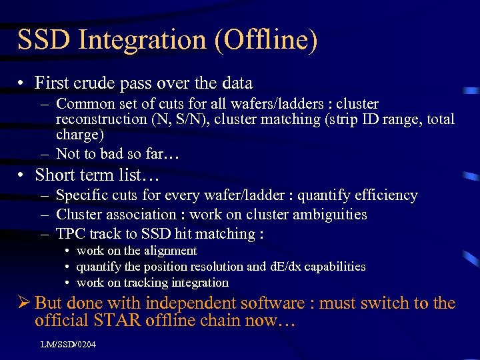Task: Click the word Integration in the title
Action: pos(137,40)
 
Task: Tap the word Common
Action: pos(83,104)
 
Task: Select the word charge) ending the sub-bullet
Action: pos(80,135)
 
